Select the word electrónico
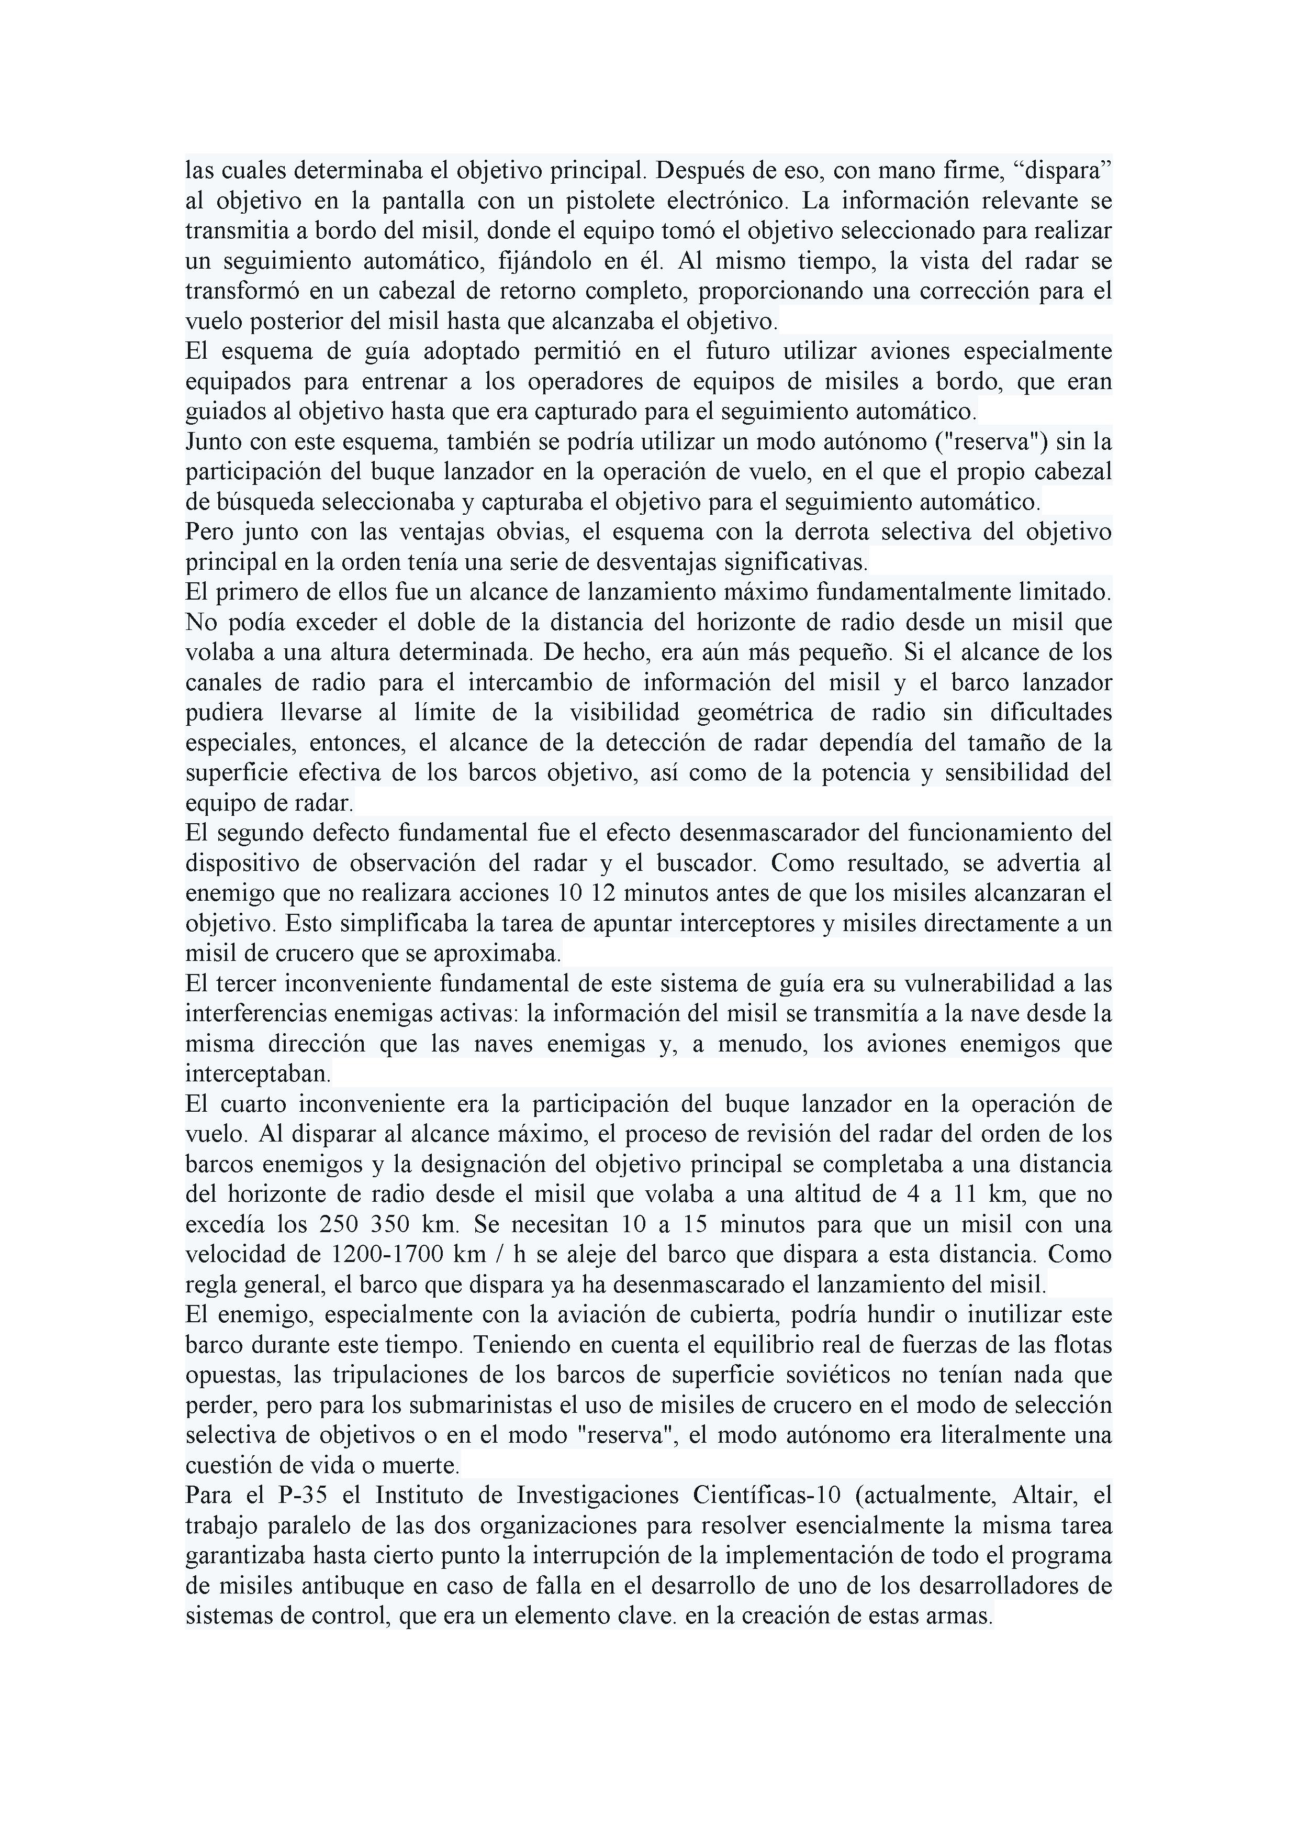pyautogui.click(x=727, y=200)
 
